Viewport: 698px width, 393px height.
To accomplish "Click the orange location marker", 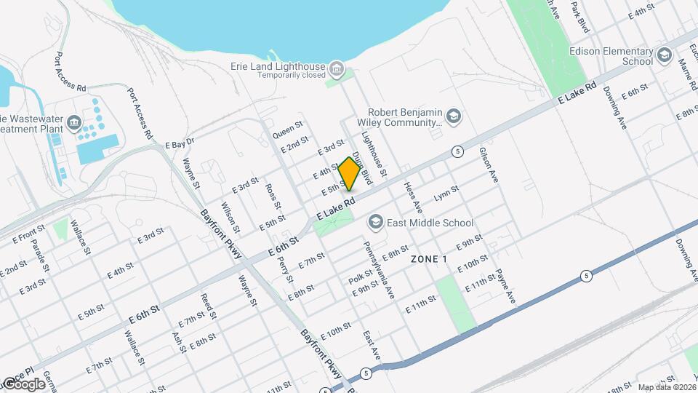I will [349, 174].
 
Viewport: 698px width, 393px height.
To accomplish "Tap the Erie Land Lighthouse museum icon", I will [336, 69].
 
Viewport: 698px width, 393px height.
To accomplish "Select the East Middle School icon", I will [376, 221].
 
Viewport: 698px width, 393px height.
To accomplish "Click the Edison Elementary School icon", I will [663, 56].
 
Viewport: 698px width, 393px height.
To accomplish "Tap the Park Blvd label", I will [579, 16].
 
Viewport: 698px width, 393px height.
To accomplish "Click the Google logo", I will [23, 384].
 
